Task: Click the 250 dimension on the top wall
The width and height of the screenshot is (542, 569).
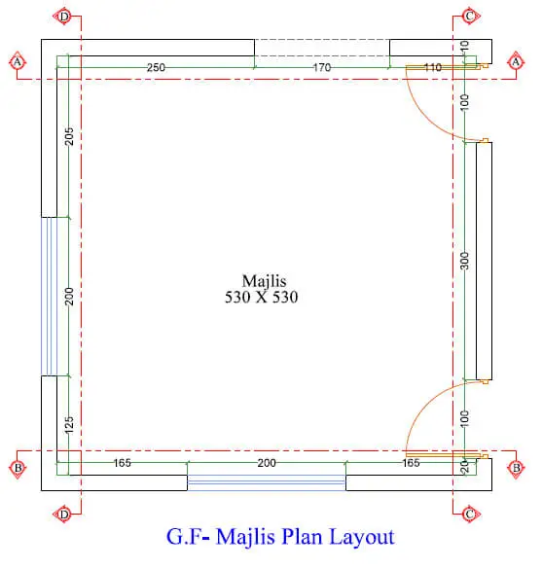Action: click(156, 67)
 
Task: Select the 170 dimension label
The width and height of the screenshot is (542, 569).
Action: click(322, 67)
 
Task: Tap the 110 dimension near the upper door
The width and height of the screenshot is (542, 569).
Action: click(432, 67)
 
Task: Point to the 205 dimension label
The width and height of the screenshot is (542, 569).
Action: click(69, 136)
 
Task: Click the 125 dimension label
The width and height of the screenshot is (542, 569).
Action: click(69, 425)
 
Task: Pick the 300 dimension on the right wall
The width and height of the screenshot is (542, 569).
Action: click(465, 261)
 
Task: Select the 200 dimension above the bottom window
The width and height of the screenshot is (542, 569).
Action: click(267, 463)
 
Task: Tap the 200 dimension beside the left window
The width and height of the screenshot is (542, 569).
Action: click(69, 297)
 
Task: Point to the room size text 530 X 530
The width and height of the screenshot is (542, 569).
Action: click(262, 298)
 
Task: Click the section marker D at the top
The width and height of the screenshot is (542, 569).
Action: click(64, 17)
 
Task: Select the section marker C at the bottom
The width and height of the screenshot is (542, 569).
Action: click(469, 515)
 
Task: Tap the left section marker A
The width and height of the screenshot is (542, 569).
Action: click(18, 62)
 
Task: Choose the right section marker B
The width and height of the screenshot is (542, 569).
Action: click(516, 468)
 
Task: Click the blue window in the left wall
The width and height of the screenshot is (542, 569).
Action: click(49, 296)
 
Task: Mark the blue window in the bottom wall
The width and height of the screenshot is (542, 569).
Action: click(267, 482)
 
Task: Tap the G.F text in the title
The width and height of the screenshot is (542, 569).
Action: click(184, 537)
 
